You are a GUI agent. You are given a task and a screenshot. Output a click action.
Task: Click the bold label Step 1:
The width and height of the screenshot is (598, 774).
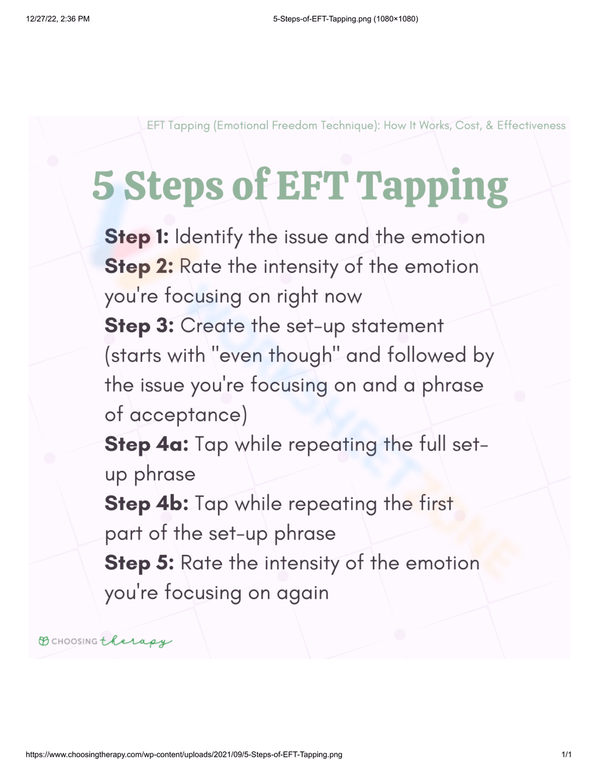pyautogui.click(x=136, y=237)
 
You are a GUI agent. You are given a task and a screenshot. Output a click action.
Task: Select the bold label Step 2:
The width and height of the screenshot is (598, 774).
pyautogui.click(x=139, y=267)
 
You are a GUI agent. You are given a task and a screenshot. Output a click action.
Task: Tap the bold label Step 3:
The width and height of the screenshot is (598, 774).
pyautogui.click(x=139, y=326)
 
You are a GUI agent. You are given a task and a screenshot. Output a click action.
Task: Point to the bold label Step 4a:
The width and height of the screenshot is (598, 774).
pyautogui.click(x=147, y=444)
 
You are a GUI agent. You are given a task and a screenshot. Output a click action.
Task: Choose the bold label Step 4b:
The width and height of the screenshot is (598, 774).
pyautogui.click(x=147, y=504)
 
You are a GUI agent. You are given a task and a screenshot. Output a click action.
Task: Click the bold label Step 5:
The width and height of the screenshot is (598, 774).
pyautogui.click(x=139, y=563)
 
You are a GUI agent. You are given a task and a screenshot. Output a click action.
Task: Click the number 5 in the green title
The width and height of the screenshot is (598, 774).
pyautogui.click(x=103, y=185)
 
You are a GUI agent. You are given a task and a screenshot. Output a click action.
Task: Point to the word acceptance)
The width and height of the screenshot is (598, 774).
pyautogui.click(x=188, y=415)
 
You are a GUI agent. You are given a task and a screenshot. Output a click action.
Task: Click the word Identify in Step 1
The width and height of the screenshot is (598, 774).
pyautogui.click(x=208, y=237)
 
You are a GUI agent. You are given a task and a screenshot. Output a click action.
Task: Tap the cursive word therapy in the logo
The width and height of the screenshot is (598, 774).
pyautogui.click(x=136, y=641)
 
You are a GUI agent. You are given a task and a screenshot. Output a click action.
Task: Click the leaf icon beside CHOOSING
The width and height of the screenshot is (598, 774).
pyautogui.click(x=44, y=641)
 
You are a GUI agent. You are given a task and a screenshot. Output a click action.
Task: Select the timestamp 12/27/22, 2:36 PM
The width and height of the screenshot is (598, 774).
pyautogui.click(x=58, y=19)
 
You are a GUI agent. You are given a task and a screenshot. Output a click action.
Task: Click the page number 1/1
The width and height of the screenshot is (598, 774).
pyautogui.click(x=566, y=754)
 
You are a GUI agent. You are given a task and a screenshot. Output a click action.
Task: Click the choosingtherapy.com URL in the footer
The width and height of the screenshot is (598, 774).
pyautogui.click(x=184, y=754)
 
